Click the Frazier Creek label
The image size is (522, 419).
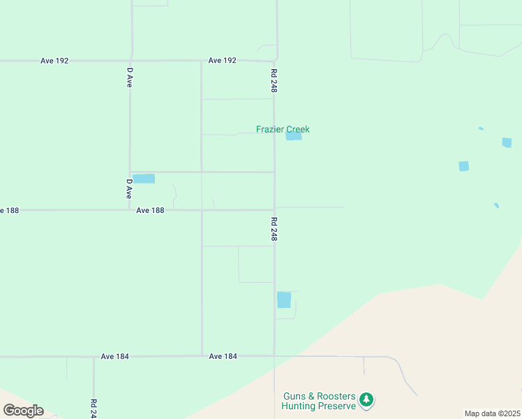283,129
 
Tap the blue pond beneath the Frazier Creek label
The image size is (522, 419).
294,136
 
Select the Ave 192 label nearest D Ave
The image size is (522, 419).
54,61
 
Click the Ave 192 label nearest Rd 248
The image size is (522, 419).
223,61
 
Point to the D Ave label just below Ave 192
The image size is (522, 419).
130,77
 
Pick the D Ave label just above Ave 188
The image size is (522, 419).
130,189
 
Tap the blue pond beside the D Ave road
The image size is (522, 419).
143,179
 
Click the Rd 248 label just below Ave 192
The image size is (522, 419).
274,81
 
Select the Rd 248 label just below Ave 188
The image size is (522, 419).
274,229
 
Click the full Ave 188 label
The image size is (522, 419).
150,210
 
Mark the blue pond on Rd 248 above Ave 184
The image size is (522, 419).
284,300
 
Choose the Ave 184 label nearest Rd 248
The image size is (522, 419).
223,356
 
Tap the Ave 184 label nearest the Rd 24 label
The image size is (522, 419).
114,356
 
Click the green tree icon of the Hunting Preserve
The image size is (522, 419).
366,400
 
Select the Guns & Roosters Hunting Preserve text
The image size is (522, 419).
320,400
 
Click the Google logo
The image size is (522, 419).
23,410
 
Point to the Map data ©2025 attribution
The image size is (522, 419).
492,413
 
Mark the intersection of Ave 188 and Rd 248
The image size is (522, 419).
274,209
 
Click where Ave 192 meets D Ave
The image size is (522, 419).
131,61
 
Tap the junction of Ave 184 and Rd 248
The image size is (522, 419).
274,356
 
